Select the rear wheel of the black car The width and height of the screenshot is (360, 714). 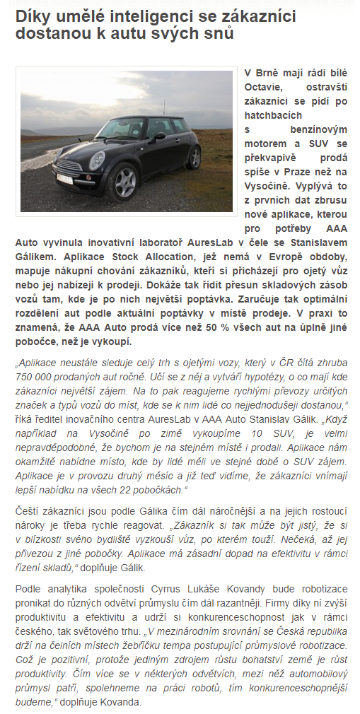[x=194, y=157]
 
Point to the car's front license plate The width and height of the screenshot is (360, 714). [x=64, y=178]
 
